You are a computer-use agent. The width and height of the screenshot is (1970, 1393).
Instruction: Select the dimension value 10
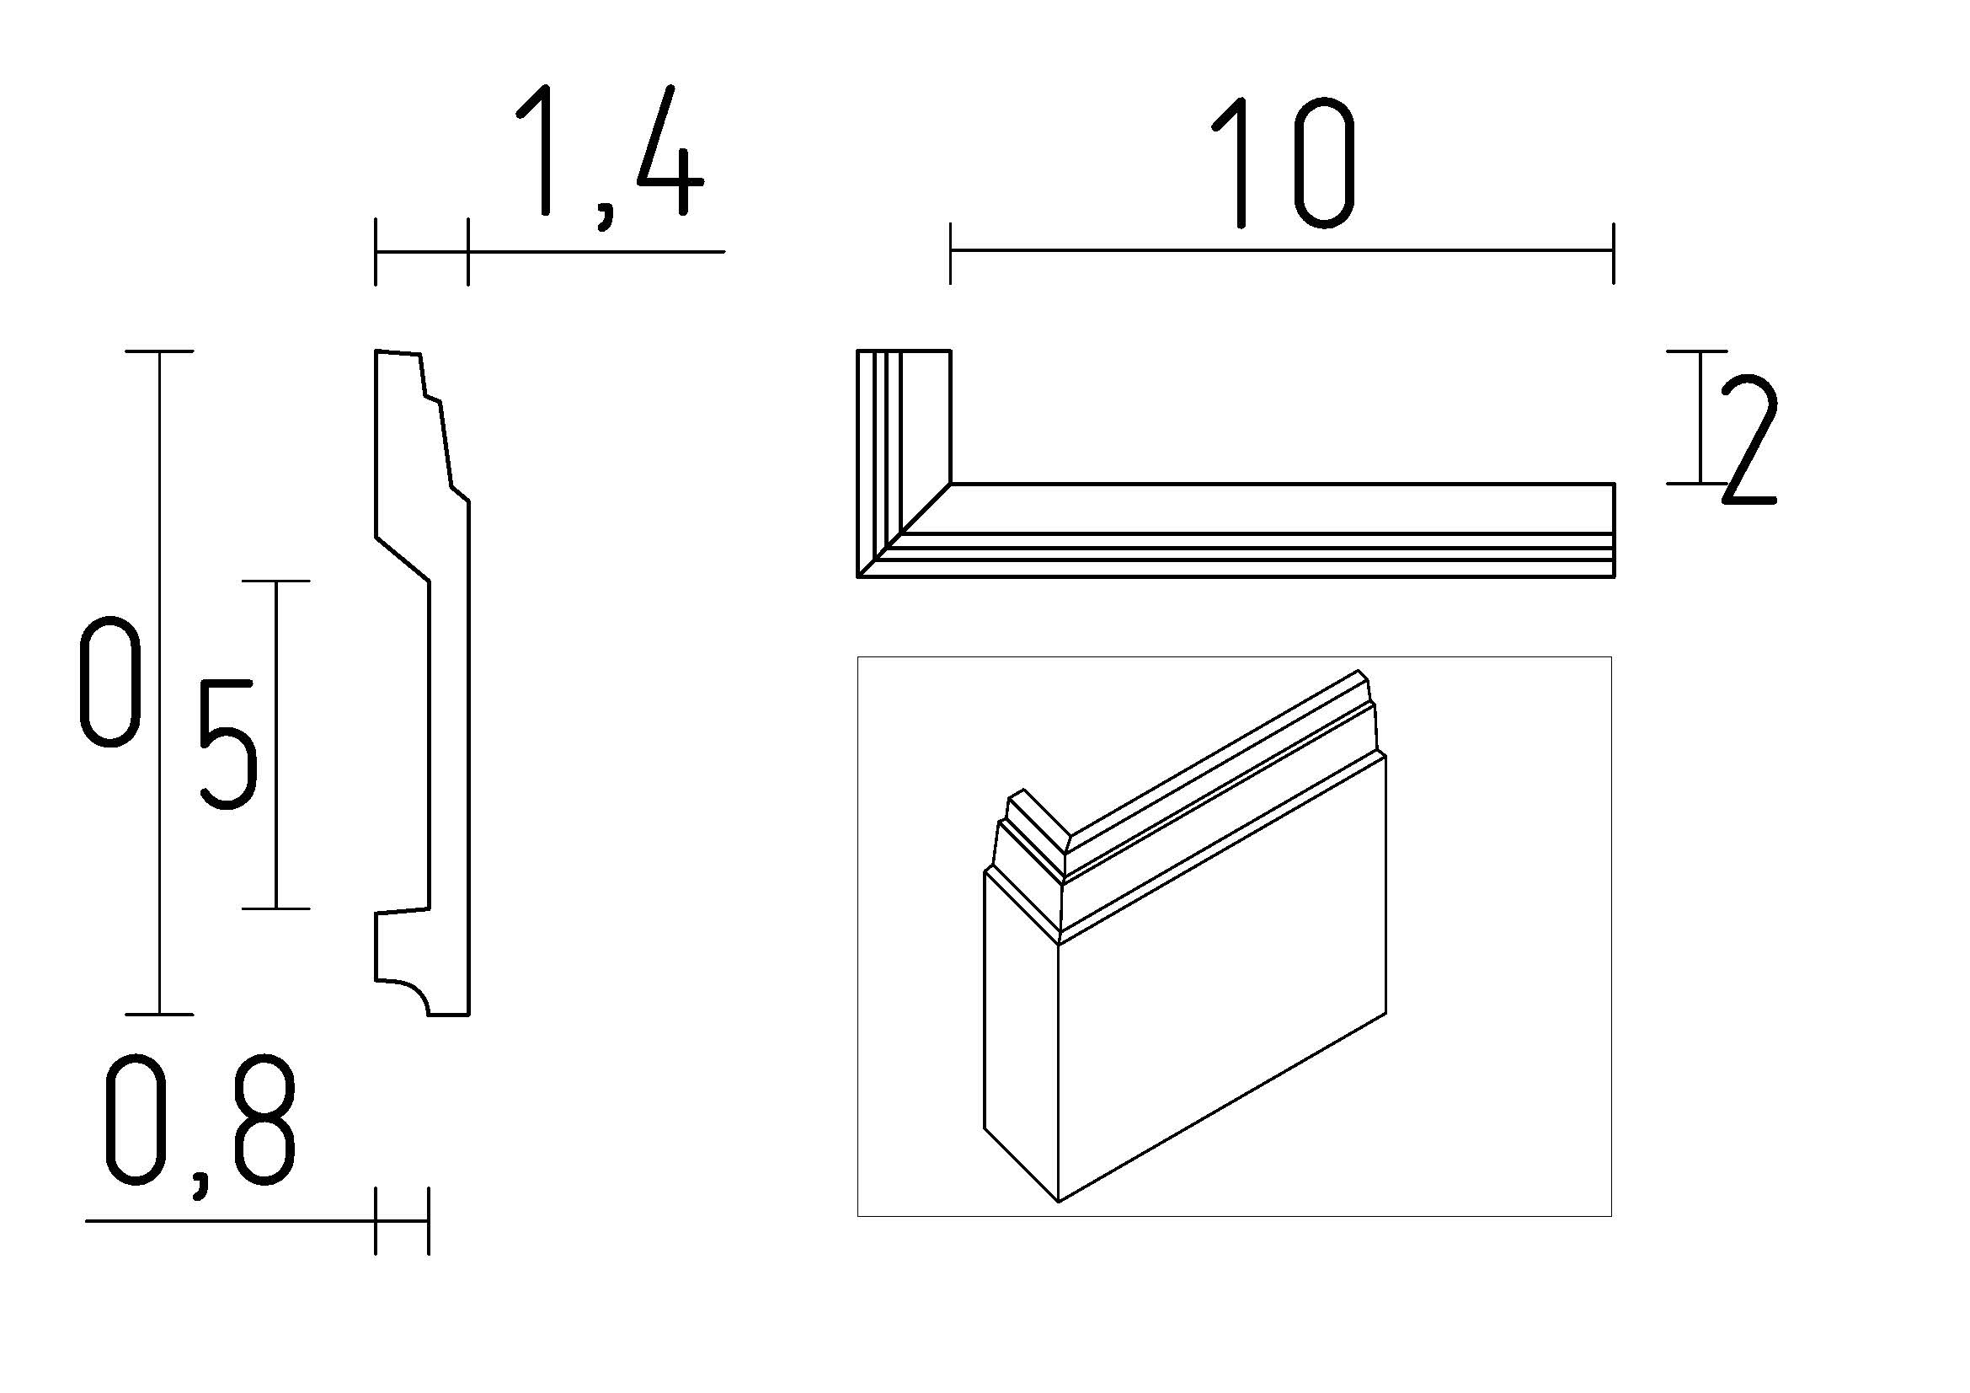[x=1283, y=163]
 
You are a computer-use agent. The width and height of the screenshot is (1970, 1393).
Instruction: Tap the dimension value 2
[x=1747, y=439]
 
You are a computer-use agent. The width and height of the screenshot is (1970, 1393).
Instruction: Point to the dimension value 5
[x=227, y=743]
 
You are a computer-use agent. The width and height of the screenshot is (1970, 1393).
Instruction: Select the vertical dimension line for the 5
[x=275, y=743]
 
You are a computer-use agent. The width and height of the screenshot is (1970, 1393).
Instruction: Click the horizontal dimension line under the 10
[x=1282, y=250]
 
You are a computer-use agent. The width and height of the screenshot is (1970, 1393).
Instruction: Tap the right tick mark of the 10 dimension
[x=1614, y=252]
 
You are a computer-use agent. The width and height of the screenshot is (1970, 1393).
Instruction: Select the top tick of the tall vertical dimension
[x=159, y=351]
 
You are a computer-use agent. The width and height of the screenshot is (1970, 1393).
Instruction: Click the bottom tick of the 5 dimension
[x=275, y=908]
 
